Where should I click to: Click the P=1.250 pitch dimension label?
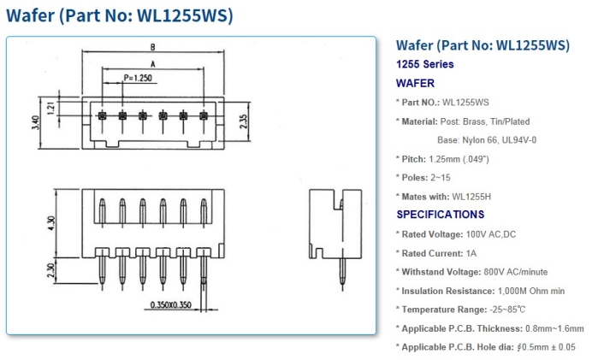(138, 78)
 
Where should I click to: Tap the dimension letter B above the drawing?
(152, 47)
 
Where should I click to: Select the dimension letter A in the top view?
(153, 64)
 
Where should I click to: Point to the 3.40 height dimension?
(36, 122)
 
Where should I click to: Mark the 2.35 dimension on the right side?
(244, 121)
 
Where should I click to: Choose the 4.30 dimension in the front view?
(51, 223)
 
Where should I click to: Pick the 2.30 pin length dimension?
(51, 270)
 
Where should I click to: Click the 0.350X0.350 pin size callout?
(170, 304)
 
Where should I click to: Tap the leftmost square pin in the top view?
(102, 115)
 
